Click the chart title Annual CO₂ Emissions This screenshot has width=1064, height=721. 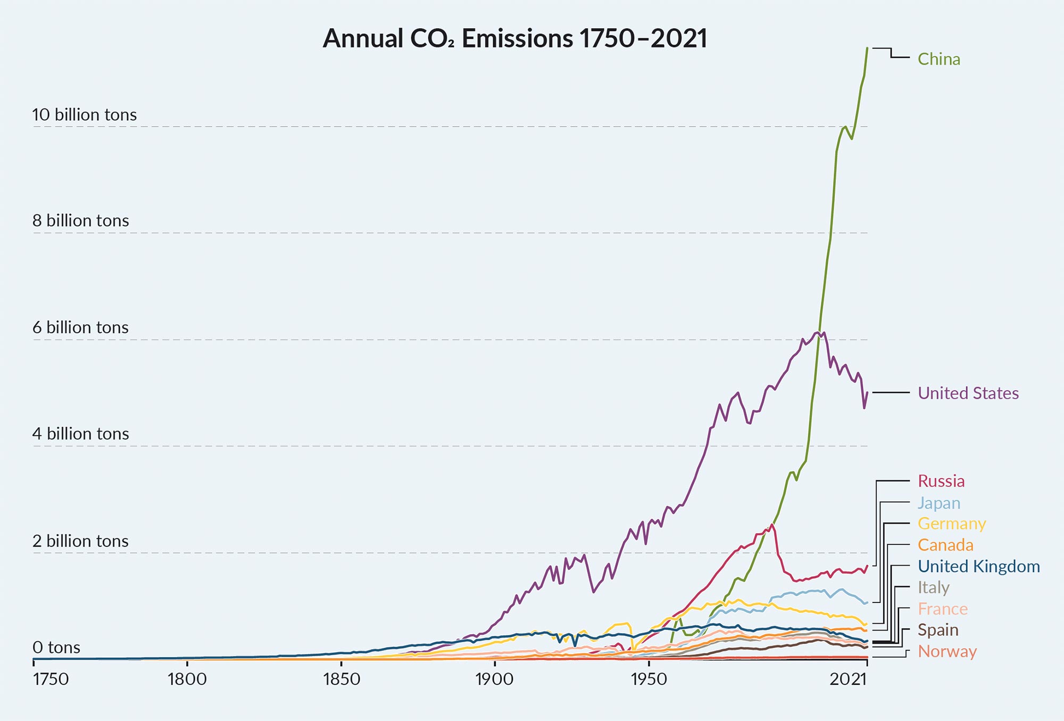[514, 38]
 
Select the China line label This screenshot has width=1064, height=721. [938, 59]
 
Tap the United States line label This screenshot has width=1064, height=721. [968, 393]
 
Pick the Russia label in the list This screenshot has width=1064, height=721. [941, 481]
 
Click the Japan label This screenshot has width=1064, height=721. [938, 503]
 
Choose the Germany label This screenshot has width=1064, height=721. [951, 524]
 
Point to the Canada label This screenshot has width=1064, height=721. [945, 545]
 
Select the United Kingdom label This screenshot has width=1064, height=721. [978, 566]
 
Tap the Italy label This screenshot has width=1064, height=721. [933, 587]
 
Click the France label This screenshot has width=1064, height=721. [942, 609]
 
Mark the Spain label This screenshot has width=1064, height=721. [937, 630]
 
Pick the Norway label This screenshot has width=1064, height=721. [947, 651]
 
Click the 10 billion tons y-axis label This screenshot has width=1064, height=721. [84, 115]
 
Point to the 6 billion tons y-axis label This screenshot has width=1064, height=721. [80, 327]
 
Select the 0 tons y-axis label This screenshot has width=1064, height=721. [56, 648]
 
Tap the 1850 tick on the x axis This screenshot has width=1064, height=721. [341, 679]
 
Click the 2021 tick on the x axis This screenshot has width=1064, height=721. [849, 679]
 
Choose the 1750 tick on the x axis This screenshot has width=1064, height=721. [51, 679]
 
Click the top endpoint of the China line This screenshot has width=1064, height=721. [867, 48]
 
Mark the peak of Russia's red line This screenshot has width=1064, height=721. [771, 525]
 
